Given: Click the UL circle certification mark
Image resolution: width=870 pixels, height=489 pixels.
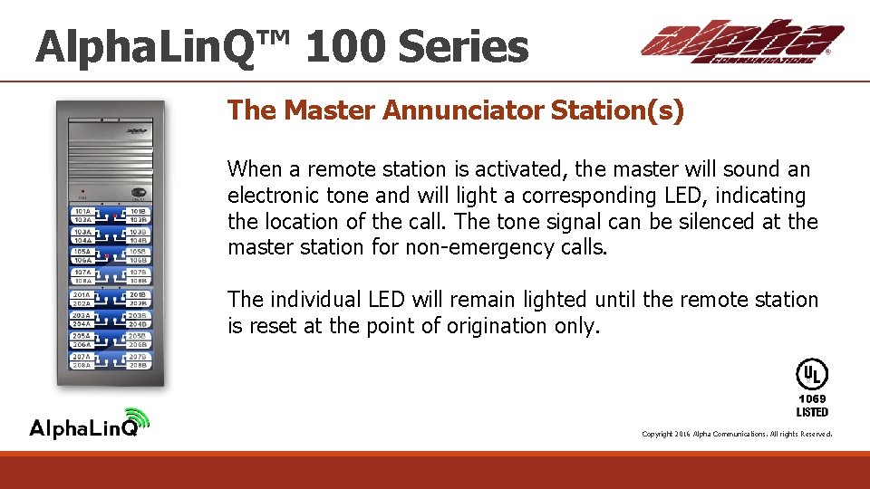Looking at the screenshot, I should click(811, 374).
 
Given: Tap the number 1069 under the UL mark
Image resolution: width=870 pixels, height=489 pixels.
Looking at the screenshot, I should click(812, 398).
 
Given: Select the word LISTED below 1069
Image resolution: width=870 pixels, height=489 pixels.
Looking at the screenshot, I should click(812, 412).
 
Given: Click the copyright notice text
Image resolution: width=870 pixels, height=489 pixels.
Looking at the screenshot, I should click(736, 435).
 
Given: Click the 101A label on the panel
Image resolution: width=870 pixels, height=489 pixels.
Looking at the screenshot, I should click(82, 212).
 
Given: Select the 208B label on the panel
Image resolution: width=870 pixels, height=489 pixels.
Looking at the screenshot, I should click(138, 365).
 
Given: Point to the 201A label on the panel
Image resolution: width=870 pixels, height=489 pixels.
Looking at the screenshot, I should click(82, 295).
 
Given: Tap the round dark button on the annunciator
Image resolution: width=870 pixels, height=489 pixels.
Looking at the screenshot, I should click(139, 192).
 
